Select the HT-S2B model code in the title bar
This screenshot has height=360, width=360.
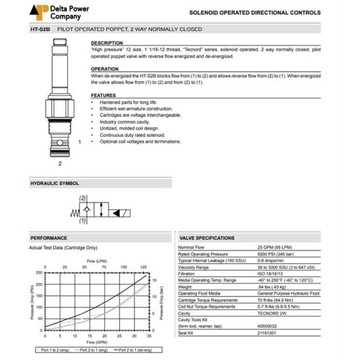click(40, 29)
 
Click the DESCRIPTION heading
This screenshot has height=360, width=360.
click(107, 43)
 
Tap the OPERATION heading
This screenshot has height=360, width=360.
click(104, 69)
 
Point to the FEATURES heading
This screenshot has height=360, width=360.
click(103, 96)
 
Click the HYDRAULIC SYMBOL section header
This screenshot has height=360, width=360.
click(55, 183)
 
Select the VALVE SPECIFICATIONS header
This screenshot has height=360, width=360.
click(207, 238)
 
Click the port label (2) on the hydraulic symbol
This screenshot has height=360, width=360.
click(82, 198)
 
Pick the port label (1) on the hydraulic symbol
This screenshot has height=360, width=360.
click(82, 221)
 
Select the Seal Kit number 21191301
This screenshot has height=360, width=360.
click(267, 332)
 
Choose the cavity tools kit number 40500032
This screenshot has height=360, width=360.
click(267, 326)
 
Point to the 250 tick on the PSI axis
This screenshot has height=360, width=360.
click(39, 273)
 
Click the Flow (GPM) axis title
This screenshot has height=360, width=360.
click(97, 342)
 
